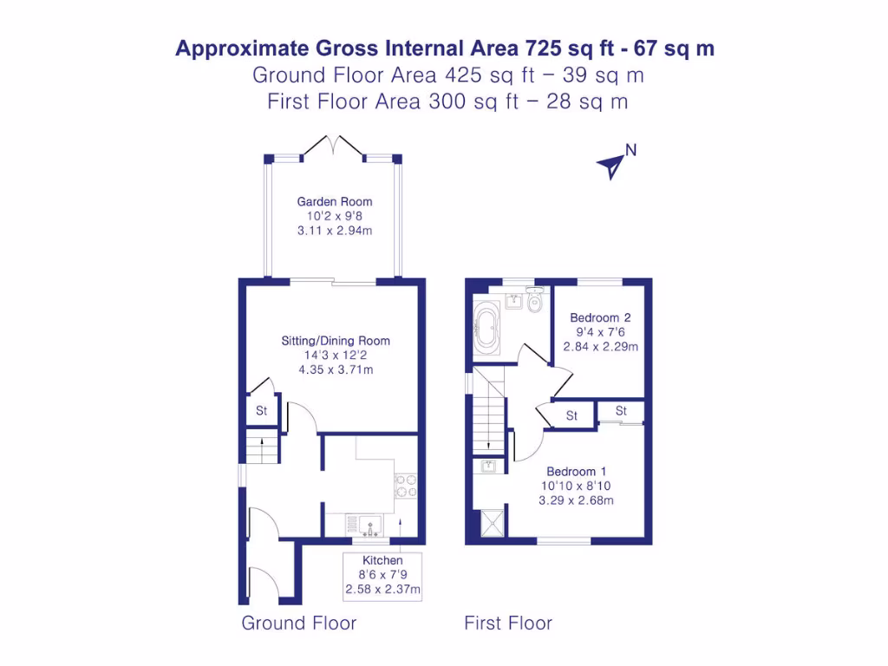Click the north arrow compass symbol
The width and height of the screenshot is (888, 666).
pos(612,164)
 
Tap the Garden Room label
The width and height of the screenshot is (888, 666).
pos(335,202)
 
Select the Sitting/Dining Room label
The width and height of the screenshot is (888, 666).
pos(335,341)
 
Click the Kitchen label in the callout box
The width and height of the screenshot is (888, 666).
pos(383,561)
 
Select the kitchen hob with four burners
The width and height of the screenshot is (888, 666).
pos(405,486)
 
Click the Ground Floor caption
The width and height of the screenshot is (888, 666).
pos(298,623)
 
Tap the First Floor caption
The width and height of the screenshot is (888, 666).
pos(508,623)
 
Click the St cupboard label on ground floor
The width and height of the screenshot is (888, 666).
pos(261,410)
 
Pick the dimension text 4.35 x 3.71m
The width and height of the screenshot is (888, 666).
pos(335,370)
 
